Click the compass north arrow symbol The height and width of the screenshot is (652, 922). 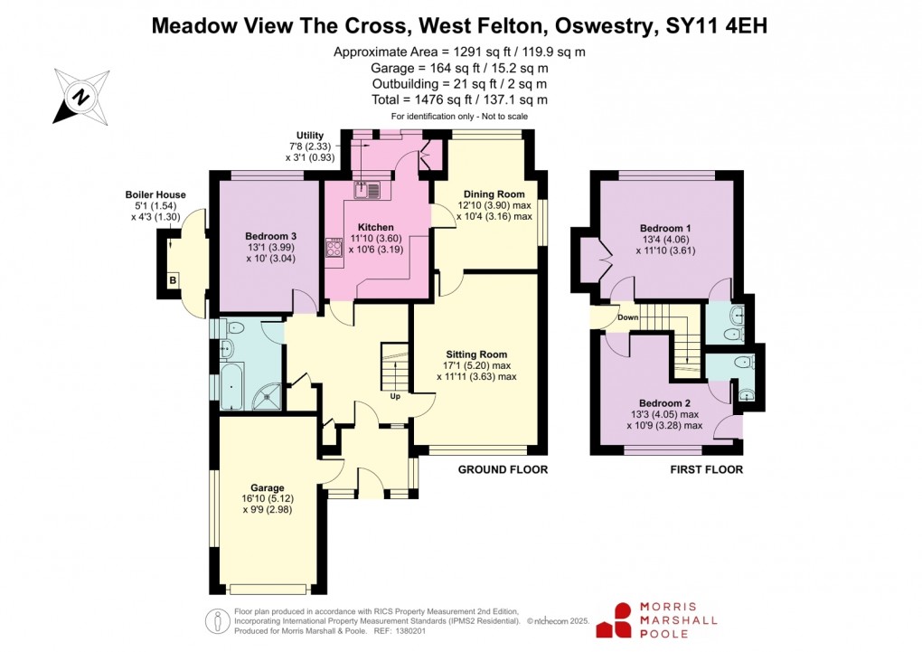coord(80,96)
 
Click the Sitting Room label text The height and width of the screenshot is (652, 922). coord(476,354)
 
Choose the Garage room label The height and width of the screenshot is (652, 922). coord(268,487)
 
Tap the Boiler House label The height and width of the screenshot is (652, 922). coord(155,194)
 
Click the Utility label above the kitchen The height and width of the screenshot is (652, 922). coord(309,135)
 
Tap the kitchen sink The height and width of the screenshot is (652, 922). coord(370,190)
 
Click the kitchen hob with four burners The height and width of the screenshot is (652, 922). coord(333,250)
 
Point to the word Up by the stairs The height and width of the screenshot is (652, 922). coord(395,396)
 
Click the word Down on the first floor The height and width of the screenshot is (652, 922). coord(628,317)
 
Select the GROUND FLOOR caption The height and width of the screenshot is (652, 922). coord(503,469)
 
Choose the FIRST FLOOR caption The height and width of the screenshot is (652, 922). coord(706,469)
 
